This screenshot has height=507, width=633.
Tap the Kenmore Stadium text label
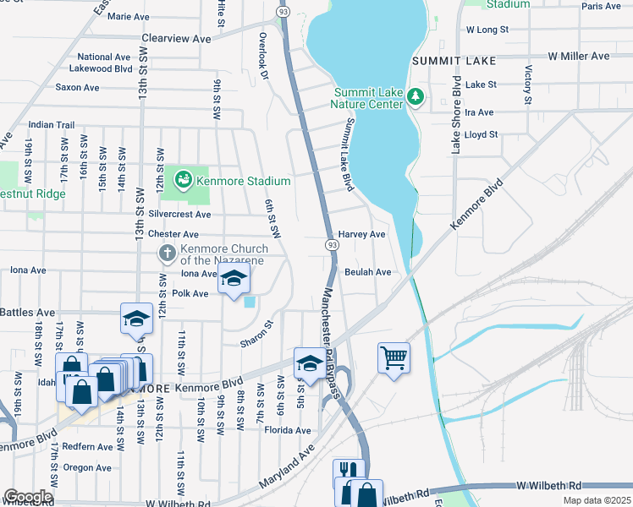[x=244, y=181]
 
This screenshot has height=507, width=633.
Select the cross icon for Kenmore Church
[x=168, y=253]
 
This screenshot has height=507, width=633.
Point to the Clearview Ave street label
[x=176, y=39]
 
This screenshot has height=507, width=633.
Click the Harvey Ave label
[x=361, y=234]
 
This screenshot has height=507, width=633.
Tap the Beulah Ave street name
[x=367, y=272]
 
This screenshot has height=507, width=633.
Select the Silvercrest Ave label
[x=179, y=215]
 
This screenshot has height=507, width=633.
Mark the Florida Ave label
[x=287, y=430]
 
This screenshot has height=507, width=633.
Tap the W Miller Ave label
[x=578, y=56]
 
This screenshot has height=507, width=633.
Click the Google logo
[x=27, y=497]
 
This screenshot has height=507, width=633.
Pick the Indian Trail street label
[x=52, y=124]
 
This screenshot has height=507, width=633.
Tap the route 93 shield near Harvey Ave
[x=332, y=244]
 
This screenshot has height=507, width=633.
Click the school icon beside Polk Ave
[x=233, y=280]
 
